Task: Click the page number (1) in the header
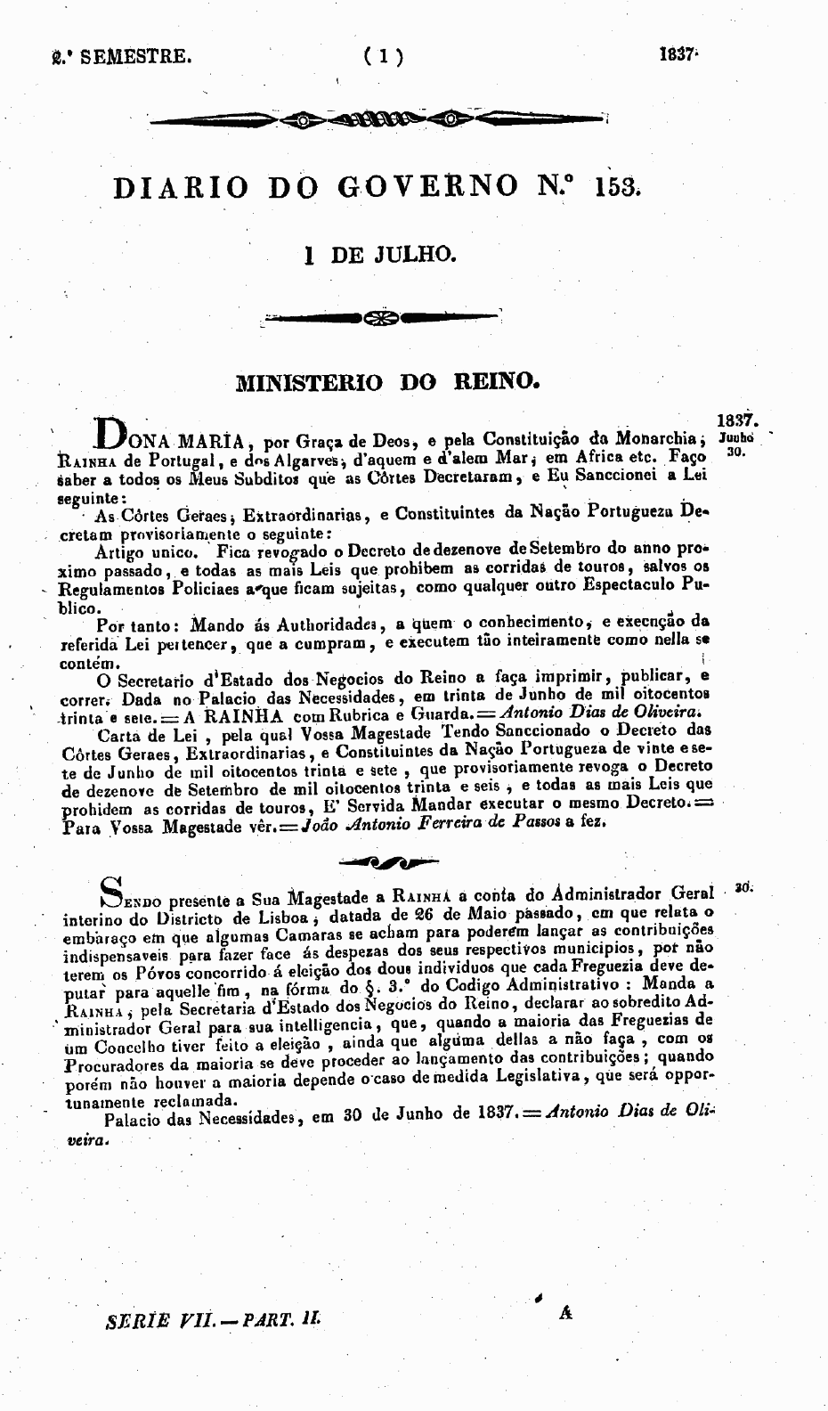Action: pos(383,58)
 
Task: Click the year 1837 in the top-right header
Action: pos(676,54)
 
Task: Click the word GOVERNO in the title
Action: pos(427,186)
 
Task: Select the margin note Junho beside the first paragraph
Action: pos(735,438)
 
